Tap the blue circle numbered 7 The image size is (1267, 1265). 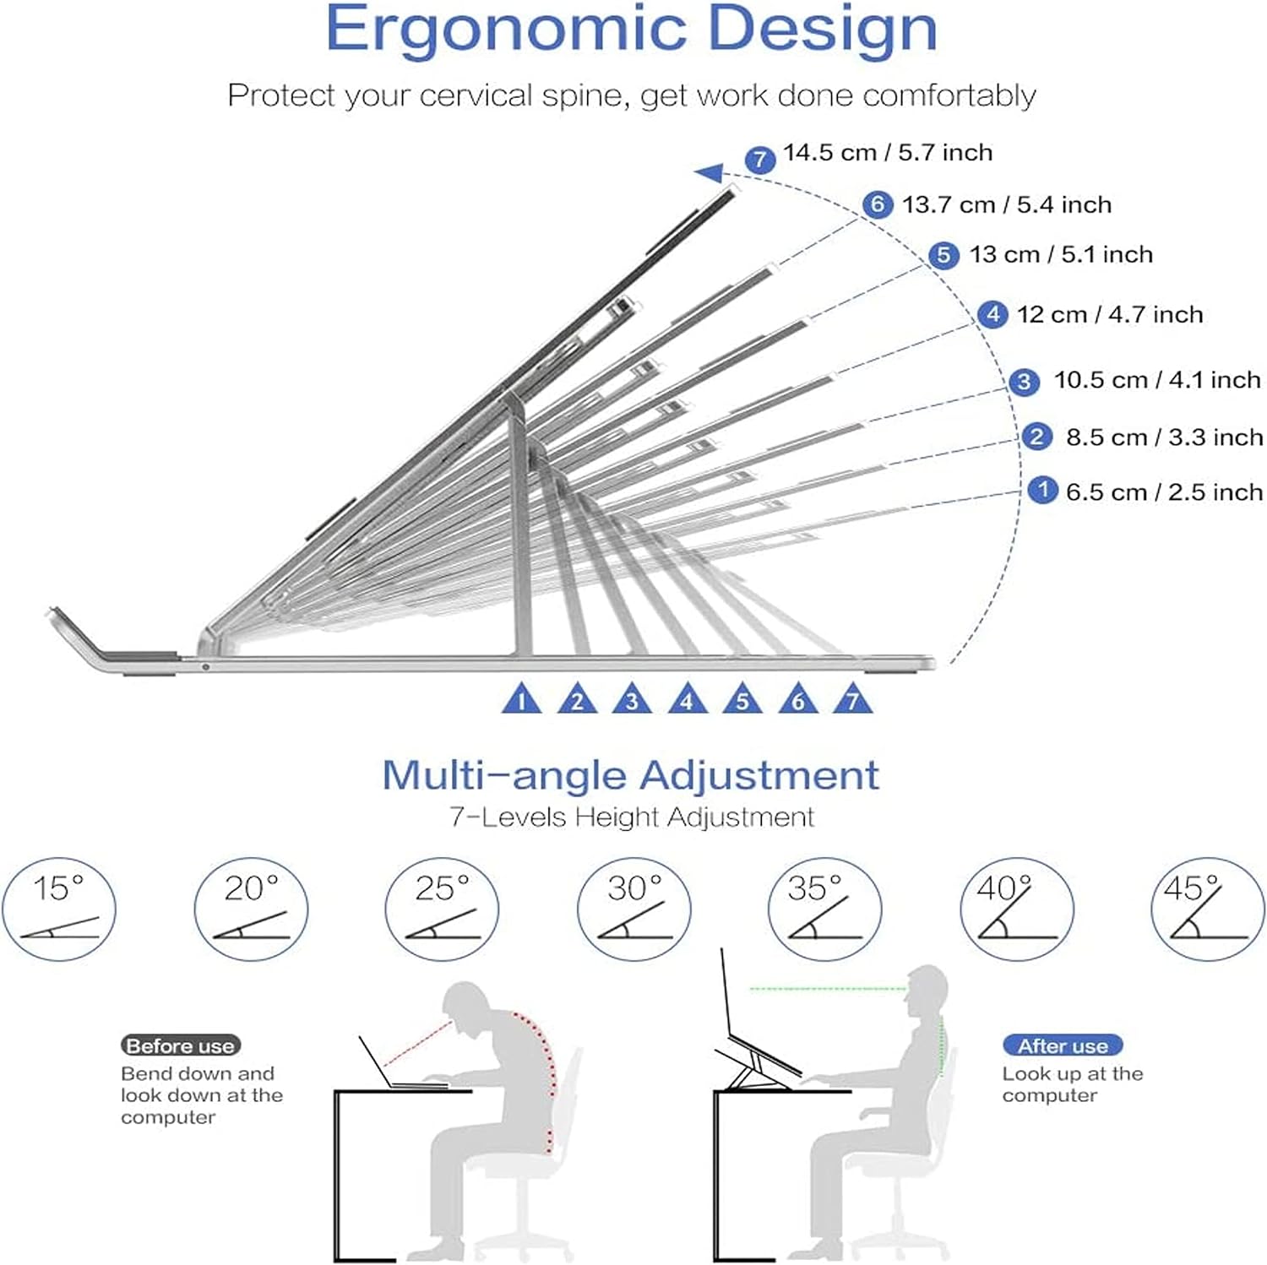click(760, 159)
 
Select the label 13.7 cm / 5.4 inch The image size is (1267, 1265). click(1006, 204)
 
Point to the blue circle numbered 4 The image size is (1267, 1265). click(992, 315)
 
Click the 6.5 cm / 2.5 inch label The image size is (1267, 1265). click(1164, 491)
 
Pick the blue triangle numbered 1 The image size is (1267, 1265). click(521, 700)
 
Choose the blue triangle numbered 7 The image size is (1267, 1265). click(852, 700)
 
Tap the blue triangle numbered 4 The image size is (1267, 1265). click(687, 700)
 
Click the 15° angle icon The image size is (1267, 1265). click(58, 909)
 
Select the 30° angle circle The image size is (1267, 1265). click(633, 909)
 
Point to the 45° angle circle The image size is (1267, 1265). click(1208, 909)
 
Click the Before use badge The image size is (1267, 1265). click(180, 1045)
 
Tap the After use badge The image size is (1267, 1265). click(1062, 1045)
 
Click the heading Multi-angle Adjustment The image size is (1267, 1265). click(630, 775)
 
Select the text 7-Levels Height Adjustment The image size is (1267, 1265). click(631, 817)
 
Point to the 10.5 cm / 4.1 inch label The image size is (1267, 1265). click(1156, 380)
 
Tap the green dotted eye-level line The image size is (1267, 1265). click(828, 988)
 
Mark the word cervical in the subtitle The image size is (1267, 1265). click(477, 95)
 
